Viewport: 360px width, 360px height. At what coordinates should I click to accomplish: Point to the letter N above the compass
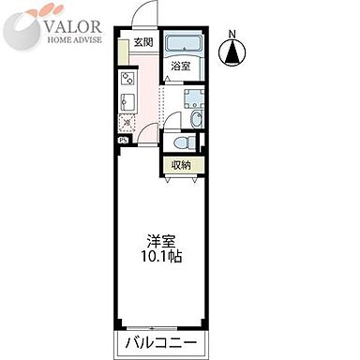(232, 36)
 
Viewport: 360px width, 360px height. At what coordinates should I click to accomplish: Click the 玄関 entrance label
(142, 43)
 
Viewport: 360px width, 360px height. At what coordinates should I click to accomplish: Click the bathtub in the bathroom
(182, 46)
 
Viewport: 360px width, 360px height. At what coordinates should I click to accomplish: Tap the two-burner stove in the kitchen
(126, 80)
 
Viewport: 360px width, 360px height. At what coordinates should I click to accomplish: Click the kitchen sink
(127, 101)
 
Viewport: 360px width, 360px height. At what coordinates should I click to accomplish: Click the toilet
(187, 141)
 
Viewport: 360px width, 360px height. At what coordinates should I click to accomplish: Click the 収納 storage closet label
(181, 165)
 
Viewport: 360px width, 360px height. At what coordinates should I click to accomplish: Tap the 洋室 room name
(156, 239)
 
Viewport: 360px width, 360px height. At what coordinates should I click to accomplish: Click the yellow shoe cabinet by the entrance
(123, 52)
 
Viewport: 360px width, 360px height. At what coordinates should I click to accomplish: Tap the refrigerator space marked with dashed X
(127, 122)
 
